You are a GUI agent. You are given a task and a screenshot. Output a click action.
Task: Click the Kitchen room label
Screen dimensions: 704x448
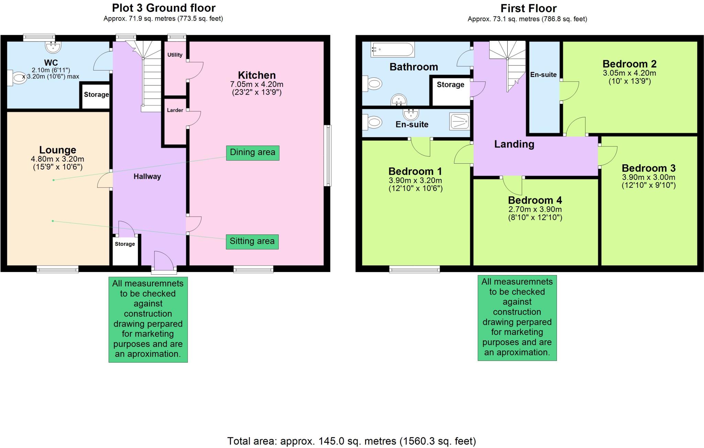click(x=257, y=75)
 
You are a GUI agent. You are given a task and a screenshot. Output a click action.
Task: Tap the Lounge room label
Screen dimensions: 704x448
click(x=57, y=150)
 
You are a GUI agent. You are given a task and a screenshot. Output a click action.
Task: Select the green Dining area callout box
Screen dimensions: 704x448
click(x=253, y=153)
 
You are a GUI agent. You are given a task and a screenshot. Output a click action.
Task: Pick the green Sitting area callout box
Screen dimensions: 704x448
click(x=252, y=241)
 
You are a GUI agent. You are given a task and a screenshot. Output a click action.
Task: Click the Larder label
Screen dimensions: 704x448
click(x=175, y=110)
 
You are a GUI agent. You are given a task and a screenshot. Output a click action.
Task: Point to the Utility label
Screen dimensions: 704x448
click(x=175, y=55)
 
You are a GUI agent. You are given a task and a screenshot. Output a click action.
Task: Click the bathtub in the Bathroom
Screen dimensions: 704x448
click(x=393, y=50)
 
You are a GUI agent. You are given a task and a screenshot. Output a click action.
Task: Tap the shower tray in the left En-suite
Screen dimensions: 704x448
click(x=459, y=121)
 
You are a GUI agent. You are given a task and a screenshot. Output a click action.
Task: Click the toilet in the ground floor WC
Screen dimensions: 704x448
click(x=16, y=78)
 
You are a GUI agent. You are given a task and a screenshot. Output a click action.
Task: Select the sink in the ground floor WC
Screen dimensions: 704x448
click(x=53, y=47)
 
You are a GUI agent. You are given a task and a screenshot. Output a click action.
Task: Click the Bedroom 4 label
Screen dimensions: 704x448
click(x=535, y=200)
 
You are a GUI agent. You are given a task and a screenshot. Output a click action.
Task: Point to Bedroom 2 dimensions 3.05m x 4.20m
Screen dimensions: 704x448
click(x=629, y=73)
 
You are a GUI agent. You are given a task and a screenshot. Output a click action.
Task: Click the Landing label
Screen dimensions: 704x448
click(x=514, y=144)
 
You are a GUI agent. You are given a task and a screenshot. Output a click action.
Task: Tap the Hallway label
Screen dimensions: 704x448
click(x=147, y=177)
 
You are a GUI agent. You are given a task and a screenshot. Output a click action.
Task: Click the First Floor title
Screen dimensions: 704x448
click(x=528, y=8)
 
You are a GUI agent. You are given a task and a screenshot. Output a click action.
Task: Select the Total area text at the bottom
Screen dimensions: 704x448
click(x=352, y=441)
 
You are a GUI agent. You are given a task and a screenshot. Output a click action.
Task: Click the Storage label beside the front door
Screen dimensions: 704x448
click(x=125, y=244)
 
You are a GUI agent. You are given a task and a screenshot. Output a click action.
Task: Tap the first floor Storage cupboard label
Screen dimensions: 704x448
click(x=451, y=85)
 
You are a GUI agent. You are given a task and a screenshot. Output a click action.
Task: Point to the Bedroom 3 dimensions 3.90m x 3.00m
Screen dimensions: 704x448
click(x=649, y=177)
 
